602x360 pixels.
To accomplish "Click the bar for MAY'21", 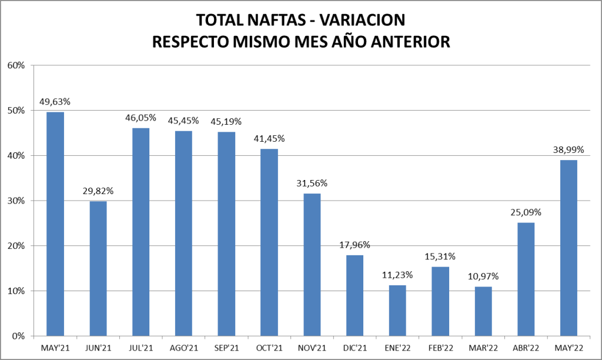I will coord(55,224).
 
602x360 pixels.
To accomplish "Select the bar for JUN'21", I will coord(98,268).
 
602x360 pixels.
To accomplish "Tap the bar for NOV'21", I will coord(312,265).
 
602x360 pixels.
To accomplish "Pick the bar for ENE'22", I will coord(397,311).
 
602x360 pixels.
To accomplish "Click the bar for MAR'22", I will coord(483,311).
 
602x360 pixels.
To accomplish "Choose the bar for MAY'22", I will coord(568,248).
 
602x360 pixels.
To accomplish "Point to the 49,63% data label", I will coord(55,102).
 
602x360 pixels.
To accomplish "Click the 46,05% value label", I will coord(141,118).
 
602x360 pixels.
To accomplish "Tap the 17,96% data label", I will coord(354,245).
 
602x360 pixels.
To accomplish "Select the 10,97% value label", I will coord(483,276).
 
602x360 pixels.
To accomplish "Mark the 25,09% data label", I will coord(526,212).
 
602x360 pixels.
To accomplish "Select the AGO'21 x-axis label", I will coord(183,348).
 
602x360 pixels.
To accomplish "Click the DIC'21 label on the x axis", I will coord(354,348).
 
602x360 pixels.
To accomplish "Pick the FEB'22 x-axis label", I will coord(440,348).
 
